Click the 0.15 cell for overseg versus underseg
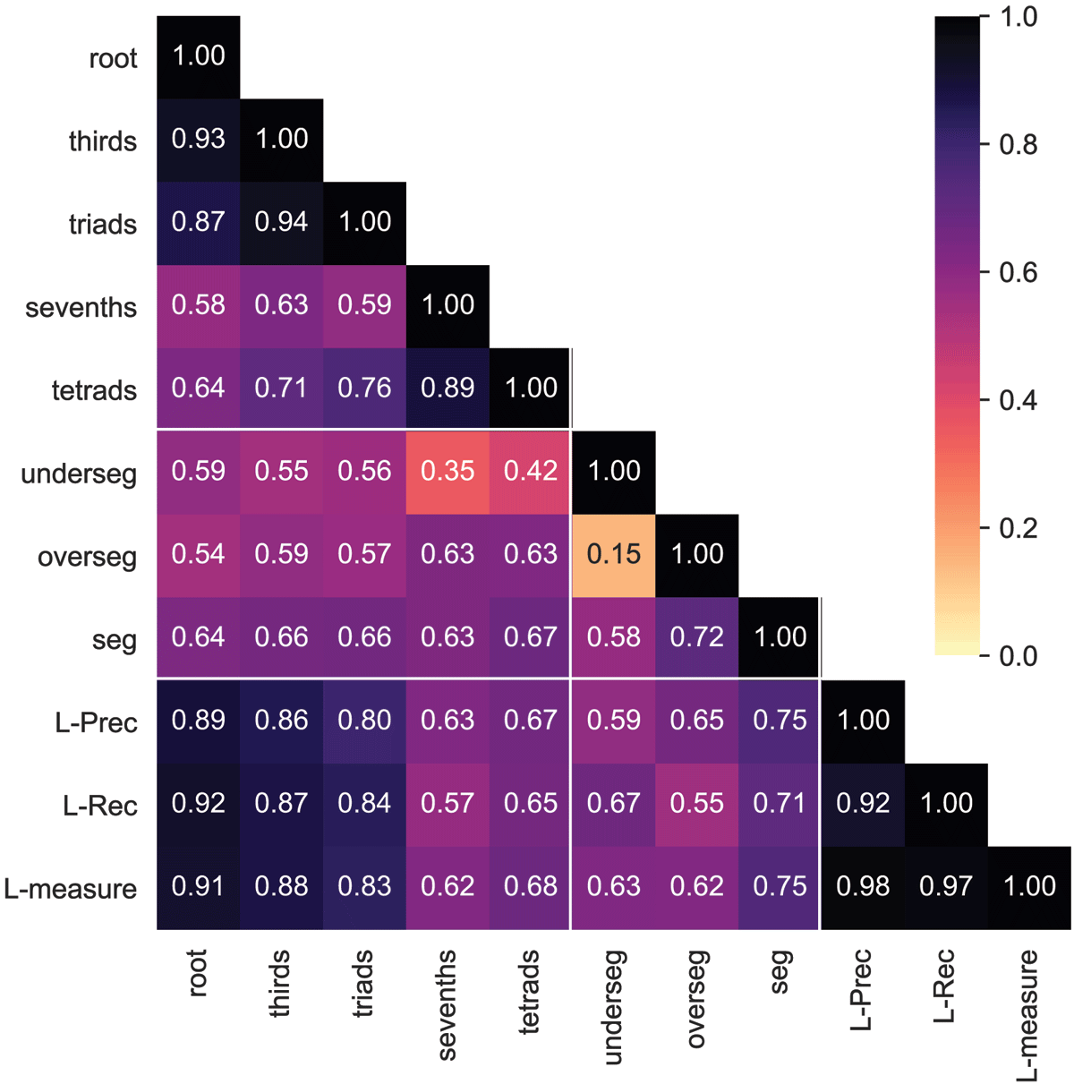click(614, 554)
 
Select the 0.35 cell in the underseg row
click(447, 471)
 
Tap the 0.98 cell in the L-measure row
click(863, 886)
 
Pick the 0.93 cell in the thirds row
click(198, 139)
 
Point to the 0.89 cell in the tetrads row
click(447, 388)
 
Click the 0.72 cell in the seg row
click(697, 637)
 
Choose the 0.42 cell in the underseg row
click(531, 471)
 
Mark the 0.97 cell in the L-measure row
click(946, 886)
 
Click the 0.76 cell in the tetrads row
click(364, 388)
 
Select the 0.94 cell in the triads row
click(281, 222)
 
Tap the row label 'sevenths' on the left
click(81, 308)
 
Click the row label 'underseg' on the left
click(79, 474)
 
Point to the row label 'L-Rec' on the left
click(100, 807)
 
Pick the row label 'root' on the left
click(113, 59)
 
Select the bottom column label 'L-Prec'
click(862, 989)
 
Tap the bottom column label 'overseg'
click(697, 998)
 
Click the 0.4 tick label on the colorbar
click(1018, 400)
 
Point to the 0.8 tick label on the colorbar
click(1018, 144)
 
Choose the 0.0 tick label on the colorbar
click(1018, 656)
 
